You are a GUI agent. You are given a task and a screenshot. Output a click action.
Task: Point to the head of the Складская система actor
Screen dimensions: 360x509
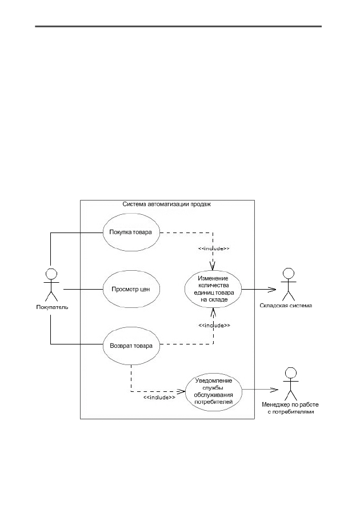(288, 272)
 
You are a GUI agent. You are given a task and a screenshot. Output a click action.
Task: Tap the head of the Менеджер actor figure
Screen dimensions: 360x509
(291, 372)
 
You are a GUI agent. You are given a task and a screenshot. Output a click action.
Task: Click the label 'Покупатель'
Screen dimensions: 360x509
(52, 307)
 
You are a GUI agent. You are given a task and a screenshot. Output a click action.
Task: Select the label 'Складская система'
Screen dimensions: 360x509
(286, 306)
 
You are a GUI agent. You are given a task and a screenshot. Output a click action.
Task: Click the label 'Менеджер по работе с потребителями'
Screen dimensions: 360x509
(290, 408)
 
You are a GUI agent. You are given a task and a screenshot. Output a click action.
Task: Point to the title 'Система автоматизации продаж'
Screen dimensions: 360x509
(167, 204)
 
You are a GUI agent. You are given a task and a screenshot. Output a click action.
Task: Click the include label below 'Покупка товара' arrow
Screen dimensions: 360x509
(214, 249)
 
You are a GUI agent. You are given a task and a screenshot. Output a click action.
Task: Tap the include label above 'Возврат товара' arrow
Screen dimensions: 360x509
(214, 325)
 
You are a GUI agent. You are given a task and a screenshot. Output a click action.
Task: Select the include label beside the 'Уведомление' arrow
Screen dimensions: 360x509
(159, 398)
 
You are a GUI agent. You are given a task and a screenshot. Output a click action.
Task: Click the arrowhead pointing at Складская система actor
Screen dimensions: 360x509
(272, 289)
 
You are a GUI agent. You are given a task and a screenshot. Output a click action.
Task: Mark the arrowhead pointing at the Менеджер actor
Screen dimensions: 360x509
(275, 390)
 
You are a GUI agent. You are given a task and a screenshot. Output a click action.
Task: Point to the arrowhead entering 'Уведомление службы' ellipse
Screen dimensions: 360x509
(181, 391)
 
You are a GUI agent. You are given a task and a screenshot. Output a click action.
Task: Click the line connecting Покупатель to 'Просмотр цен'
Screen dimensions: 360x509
(83, 289)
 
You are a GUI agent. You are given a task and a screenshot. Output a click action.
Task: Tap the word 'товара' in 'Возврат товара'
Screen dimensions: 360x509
(142, 346)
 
